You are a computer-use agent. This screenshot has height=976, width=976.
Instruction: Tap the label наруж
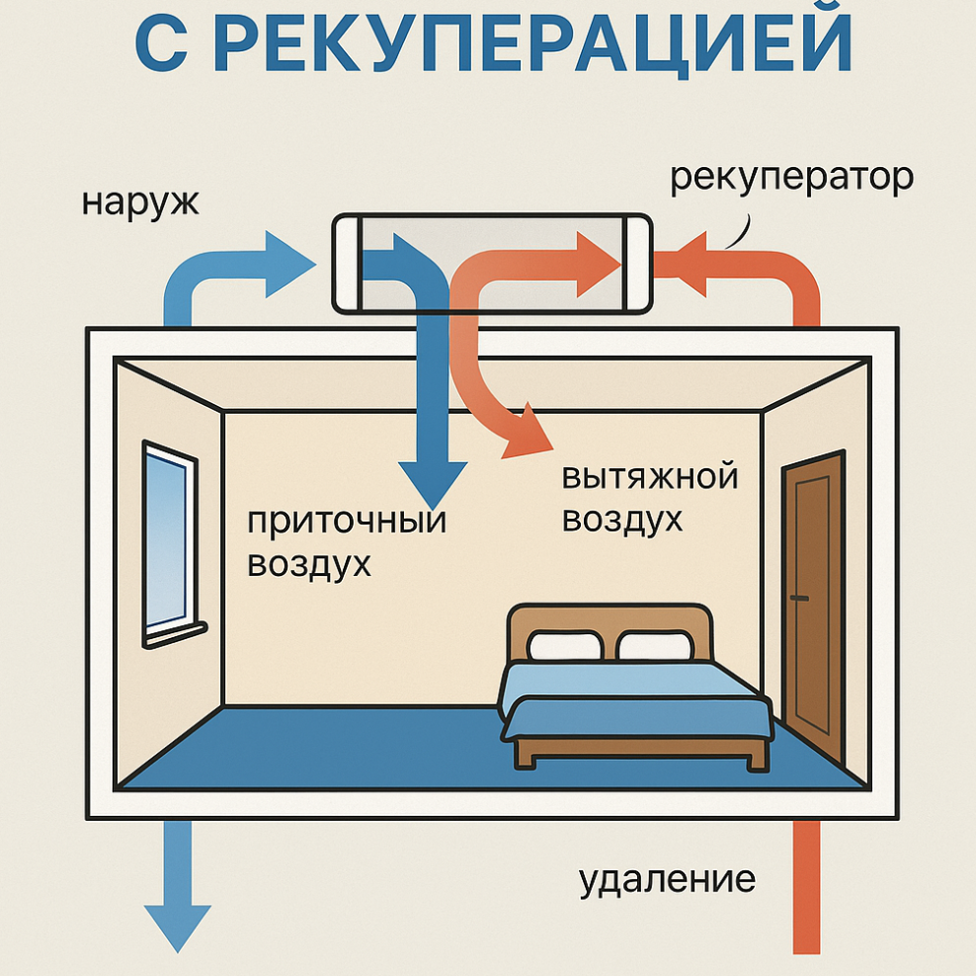pos(141,203)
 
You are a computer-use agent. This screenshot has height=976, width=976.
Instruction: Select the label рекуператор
pos(791,179)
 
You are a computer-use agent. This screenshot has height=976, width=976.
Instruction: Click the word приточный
pos(346,521)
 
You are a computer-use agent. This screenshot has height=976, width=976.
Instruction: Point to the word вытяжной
pos(650,477)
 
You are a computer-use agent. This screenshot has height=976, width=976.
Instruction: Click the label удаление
pos(667,878)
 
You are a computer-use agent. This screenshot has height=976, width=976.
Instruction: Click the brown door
pos(814,603)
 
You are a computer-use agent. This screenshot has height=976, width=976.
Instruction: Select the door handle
pos(798,599)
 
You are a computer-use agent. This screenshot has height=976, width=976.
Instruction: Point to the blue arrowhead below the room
pos(178,924)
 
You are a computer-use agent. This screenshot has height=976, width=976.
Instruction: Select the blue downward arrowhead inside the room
pos(431,479)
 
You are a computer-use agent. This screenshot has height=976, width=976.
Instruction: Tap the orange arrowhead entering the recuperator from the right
pos(702,263)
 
